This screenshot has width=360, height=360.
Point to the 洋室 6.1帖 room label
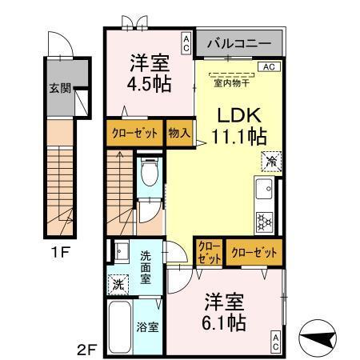coord(224,314)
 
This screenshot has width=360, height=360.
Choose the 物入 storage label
coord(178,133)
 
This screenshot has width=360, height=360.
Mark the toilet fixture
coord(148,172)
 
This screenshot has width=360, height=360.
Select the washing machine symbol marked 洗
coord(117,283)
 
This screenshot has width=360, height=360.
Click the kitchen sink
coord(263,191)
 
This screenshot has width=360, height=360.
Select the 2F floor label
coord(87,347)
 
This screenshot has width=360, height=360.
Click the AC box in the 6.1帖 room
coord(275,342)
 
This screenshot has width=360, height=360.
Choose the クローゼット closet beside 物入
coord(134,133)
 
